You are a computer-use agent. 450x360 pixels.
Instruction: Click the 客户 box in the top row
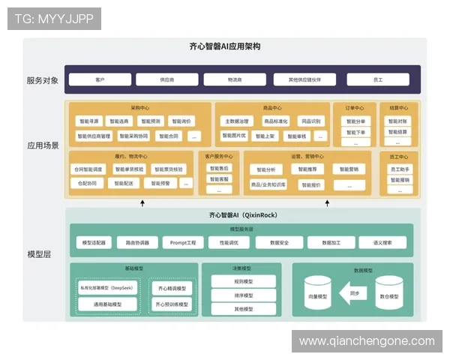100,79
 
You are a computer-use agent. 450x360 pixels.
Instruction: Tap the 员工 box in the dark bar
378,79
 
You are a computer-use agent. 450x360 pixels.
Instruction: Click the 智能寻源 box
90,121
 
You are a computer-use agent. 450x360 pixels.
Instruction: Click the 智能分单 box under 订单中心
356,121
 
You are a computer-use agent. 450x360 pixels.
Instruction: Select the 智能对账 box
398,121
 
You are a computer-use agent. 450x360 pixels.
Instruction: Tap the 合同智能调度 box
88,169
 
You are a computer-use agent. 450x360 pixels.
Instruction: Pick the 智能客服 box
219,179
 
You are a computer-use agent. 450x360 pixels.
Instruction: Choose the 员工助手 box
398,169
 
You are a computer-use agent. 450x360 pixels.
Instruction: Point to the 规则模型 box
243,281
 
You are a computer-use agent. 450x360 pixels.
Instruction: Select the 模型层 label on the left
38,254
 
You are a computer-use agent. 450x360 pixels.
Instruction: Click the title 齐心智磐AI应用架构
224,46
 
